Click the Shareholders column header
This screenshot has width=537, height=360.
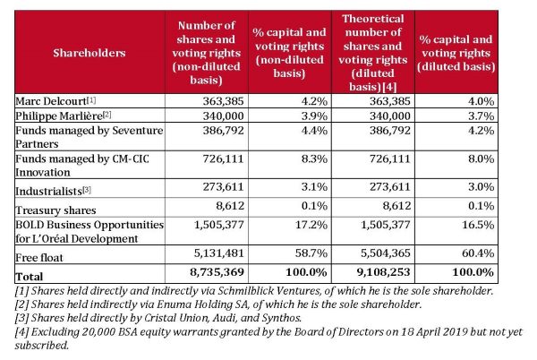(x=89, y=53)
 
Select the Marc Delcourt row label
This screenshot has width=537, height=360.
(x=51, y=101)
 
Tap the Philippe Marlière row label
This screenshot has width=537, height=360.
(x=59, y=116)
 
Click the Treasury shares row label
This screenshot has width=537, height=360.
(x=55, y=210)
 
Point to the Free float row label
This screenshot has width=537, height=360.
(x=39, y=257)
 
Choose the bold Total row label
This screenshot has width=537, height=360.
(x=30, y=277)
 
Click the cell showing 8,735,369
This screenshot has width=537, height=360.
(x=217, y=272)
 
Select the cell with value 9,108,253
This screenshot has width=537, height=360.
(x=383, y=272)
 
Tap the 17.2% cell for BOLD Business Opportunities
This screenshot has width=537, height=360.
(x=311, y=225)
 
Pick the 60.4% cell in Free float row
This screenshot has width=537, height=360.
(x=478, y=253)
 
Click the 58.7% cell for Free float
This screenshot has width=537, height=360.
(x=311, y=253)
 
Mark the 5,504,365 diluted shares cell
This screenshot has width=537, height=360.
(x=385, y=253)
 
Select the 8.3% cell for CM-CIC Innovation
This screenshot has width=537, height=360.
(x=314, y=159)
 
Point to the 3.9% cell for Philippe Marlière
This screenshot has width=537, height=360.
(x=314, y=116)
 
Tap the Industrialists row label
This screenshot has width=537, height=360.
(x=48, y=191)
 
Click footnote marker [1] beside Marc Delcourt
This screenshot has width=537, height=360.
(x=91, y=100)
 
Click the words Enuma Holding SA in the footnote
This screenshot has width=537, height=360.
(x=202, y=304)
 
